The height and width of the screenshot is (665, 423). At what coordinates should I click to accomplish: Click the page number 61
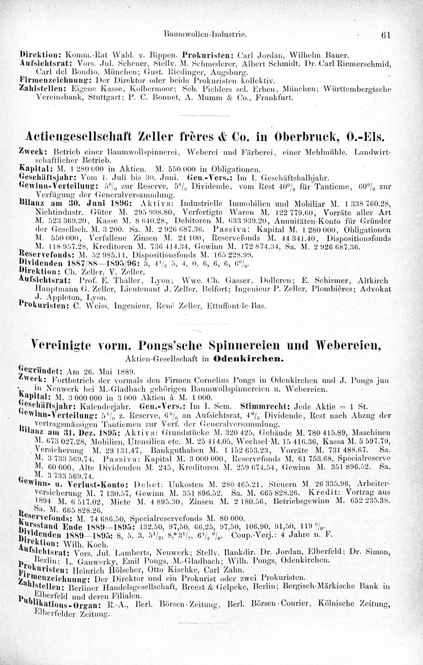385,35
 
